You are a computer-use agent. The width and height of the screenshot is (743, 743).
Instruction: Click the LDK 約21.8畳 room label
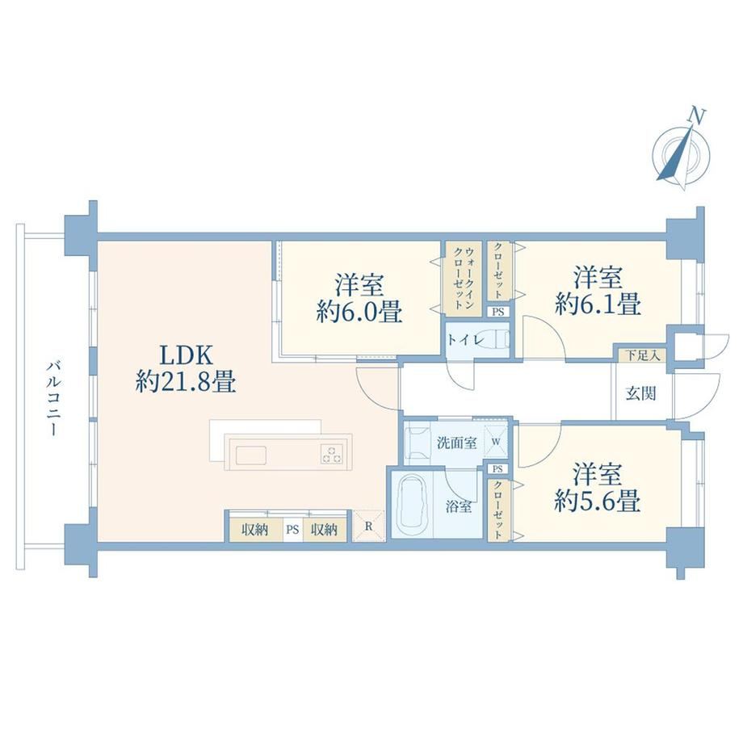pyautogui.click(x=186, y=368)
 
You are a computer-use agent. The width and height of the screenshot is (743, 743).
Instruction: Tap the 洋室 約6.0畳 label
pyautogui.click(x=359, y=299)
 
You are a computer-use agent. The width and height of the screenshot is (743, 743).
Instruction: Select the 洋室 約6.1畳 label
pyautogui.click(x=598, y=291)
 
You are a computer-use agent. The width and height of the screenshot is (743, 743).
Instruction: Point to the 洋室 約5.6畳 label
pyautogui.click(x=598, y=488)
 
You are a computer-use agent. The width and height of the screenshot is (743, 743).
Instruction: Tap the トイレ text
pyautogui.click(x=465, y=340)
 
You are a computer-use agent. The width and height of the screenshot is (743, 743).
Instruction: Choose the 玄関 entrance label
pyautogui.click(x=640, y=392)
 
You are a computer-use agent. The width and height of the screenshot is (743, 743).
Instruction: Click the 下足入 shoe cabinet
pyautogui.click(x=641, y=355)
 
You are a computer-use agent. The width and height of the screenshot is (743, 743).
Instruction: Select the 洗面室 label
pyautogui.click(x=456, y=443)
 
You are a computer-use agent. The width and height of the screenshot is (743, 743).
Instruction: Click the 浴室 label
pyautogui.click(x=458, y=506)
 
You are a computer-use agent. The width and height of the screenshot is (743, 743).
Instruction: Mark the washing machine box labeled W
pyautogui.click(x=496, y=442)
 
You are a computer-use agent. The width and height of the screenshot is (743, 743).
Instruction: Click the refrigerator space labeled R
pyautogui.click(x=368, y=526)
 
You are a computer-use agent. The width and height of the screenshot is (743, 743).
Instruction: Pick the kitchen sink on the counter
pyautogui.click(x=250, y=455)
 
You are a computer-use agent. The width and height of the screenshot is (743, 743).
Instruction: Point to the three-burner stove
pyautogui.click(x=332, y=454)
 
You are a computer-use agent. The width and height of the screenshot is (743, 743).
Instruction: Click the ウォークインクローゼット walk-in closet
pyautogui.click(x=463, y=279)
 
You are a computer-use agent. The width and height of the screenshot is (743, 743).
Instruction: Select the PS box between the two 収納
pyautogui.click(x=292, y=529)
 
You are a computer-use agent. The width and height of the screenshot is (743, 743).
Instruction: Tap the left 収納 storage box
pyautogui.click(x=256, y=529)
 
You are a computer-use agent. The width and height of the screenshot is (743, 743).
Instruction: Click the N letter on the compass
pyautogui.click(x=696, y=116)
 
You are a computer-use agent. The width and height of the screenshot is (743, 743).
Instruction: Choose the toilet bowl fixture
pyautogui.click(x=499, y=339)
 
